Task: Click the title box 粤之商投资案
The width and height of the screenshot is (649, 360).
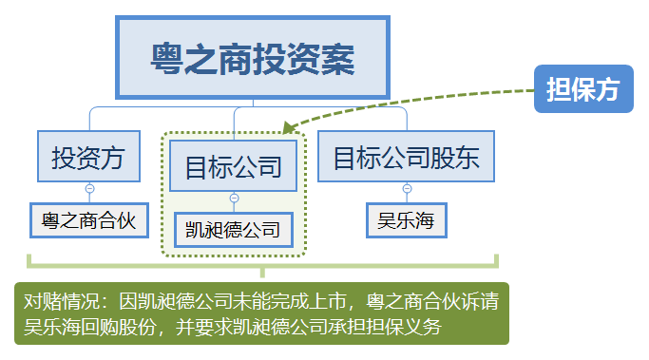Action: pos(253,58)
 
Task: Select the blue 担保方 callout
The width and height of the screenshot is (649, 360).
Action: pos(583,88)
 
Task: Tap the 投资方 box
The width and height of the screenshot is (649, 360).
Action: pos(89,157)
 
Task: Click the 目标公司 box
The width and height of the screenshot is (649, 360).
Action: pos(234,166)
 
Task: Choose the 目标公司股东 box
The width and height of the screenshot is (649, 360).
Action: pos(406,157)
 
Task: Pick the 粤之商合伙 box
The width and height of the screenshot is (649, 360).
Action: pos(89,220)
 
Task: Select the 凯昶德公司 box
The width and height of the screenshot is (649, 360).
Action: pos(234,230)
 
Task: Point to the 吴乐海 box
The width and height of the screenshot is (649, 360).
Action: pos(407,220)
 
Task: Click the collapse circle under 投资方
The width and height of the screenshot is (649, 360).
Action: pos(89,189)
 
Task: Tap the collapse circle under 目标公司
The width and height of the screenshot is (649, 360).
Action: pos(234,199)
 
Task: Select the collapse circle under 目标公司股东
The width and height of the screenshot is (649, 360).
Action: pos(407,189)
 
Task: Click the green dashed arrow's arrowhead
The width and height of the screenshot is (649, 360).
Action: pos(289,127)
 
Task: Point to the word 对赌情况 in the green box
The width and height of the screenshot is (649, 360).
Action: pos(62,301)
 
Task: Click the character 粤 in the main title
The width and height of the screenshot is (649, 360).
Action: pos(166,59)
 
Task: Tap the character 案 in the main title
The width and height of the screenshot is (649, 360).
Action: pos(338,59)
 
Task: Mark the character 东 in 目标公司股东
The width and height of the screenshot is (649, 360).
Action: pos(467,158)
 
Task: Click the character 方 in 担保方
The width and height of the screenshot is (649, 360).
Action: pos(607,89)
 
